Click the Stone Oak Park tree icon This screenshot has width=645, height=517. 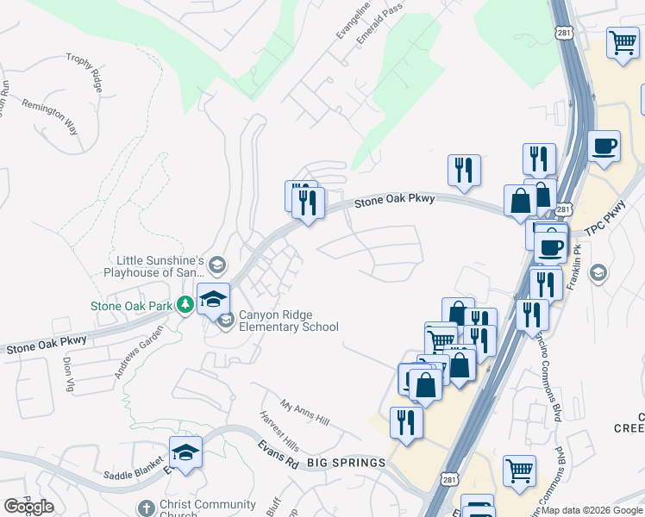185,305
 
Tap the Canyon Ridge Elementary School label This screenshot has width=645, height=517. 288,321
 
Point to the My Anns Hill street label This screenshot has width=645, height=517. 305,413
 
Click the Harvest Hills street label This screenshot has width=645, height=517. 279,430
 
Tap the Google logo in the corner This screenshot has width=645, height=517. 28,507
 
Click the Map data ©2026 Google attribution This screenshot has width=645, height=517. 592,510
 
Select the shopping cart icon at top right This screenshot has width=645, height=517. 623,42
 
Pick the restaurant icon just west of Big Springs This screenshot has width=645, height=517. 405,422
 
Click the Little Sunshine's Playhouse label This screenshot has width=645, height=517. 160,266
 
